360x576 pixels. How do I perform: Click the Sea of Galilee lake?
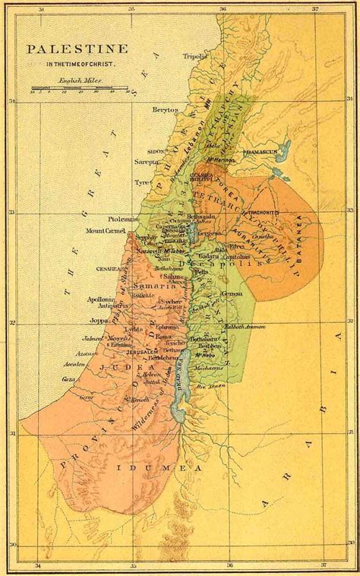point(193,236)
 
